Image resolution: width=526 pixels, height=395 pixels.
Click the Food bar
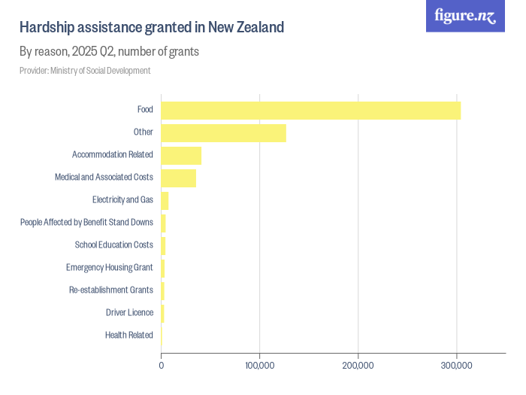point(310,110)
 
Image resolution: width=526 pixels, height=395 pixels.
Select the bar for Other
point(223,132)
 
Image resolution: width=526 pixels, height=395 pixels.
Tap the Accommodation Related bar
point(181,155)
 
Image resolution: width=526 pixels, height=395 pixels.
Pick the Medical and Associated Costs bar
point(178,178)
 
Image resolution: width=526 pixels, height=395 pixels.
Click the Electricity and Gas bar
point(165,200)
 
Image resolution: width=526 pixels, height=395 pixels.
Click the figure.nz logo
point(465,17)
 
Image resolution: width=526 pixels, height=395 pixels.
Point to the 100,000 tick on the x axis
point(259,366)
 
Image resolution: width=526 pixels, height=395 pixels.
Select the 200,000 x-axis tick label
point(358,366)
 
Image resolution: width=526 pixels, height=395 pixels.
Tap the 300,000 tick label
point(457,366)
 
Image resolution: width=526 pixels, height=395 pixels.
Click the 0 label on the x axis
point(162,366)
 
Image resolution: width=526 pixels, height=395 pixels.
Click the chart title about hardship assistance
point(151,28)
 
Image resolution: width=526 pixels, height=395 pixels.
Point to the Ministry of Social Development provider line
point(85,71)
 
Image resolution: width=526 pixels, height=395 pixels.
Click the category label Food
point(145,110)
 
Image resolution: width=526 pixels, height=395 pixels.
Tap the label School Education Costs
point(114,245)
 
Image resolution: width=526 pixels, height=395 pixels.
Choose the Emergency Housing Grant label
point(110,268)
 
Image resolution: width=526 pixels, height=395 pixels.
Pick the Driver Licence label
point(129,313)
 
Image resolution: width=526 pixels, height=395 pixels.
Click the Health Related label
point(129,336)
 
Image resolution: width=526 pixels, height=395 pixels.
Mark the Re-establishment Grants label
point(111,290)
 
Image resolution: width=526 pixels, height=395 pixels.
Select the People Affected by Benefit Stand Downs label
point(87,223)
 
